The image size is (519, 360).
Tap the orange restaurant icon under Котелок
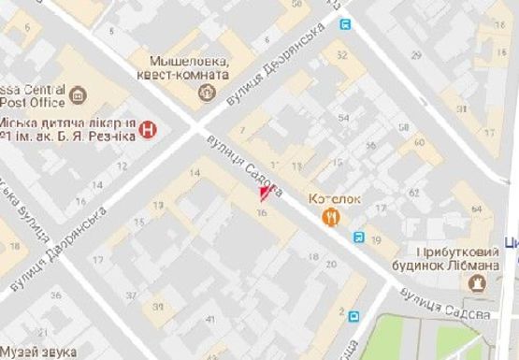330,217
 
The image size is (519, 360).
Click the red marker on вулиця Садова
265,194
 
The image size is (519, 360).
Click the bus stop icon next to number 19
360,238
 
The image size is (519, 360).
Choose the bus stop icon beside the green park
353,316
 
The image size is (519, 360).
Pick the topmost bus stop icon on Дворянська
347,24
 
